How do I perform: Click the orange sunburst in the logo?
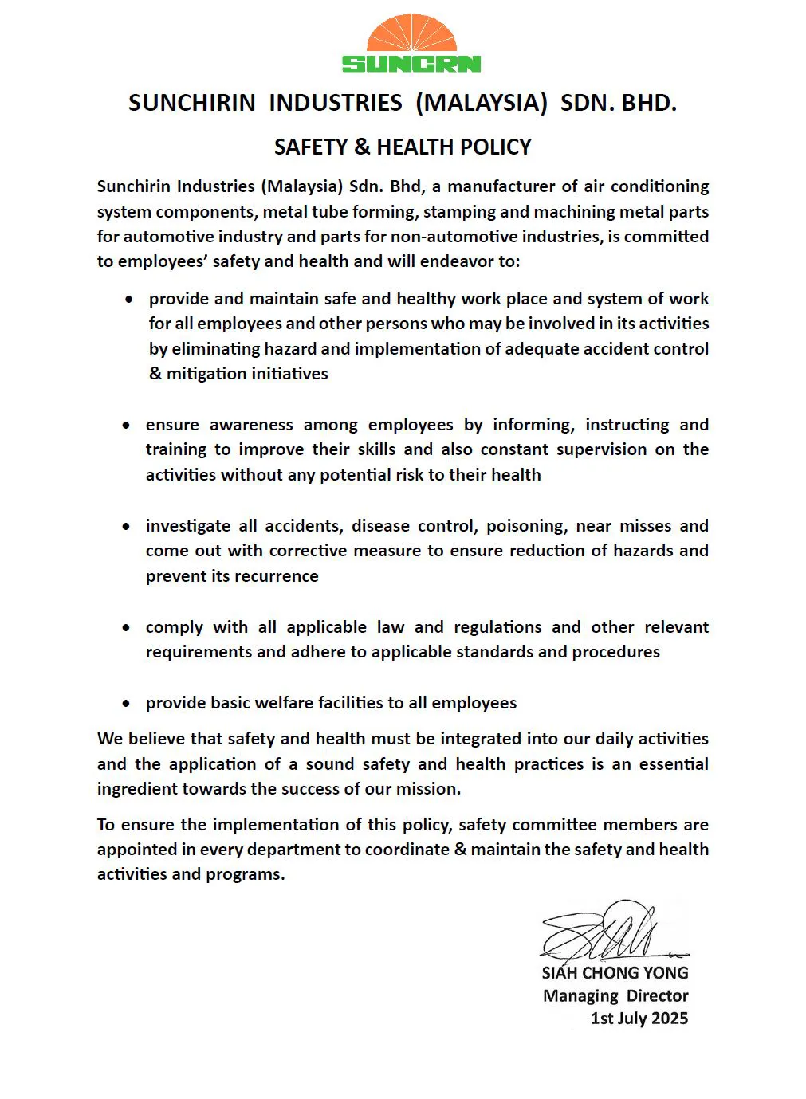point(411,34)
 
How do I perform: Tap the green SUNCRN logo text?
point(411,64)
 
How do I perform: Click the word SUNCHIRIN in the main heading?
point(191,103)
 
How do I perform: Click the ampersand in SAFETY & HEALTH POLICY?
point(362,147)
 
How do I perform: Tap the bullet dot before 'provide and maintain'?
point(129,300)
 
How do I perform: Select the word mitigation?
point(204,374)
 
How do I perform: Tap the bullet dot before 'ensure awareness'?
point(126,426)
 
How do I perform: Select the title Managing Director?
point(615,996)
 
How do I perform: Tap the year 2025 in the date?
point(669,1019)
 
